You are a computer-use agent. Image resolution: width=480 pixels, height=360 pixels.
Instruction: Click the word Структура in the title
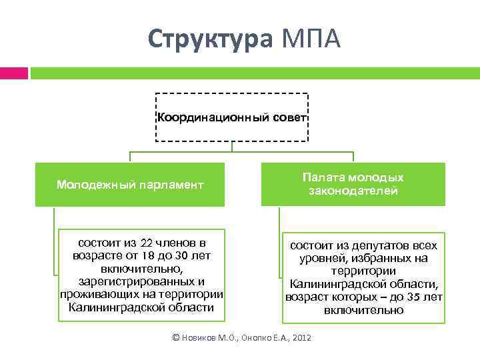coord(210,39)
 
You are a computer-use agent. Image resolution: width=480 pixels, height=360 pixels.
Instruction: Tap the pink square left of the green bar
coord(13,73)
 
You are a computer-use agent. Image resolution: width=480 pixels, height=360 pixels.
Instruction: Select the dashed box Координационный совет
coord(231,117)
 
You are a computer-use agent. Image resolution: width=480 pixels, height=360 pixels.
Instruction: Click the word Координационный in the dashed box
coord(203,118)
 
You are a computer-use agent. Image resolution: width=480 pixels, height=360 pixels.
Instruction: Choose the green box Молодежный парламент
coord(130,185)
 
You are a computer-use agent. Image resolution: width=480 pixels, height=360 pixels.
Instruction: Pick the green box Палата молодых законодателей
coord(353,185)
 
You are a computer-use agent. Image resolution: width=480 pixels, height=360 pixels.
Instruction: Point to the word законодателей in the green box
coord(353,191)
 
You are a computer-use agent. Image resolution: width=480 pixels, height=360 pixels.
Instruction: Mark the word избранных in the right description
coord(371,259)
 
